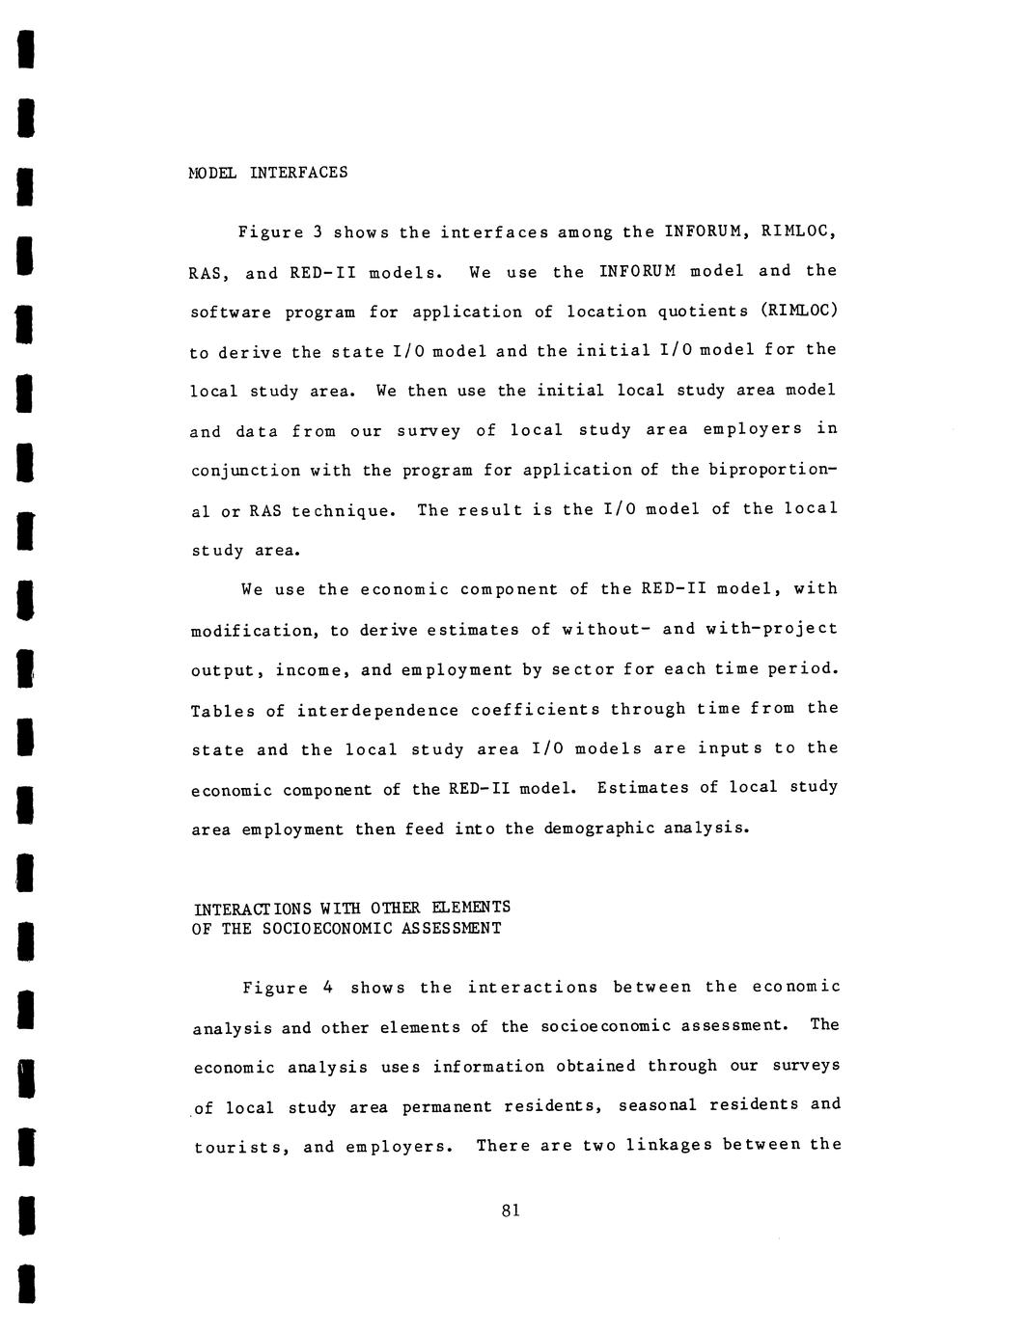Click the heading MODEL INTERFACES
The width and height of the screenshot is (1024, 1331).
(267, 173)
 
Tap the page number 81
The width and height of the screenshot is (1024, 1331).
(512, 1210)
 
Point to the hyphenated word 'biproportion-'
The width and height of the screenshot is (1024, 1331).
(772, 470)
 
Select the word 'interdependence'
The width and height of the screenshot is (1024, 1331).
(377, 710)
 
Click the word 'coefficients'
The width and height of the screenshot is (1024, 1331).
(535, 709)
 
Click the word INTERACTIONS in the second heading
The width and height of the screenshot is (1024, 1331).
(251, 908)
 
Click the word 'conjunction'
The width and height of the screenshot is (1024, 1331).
(245, 471)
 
